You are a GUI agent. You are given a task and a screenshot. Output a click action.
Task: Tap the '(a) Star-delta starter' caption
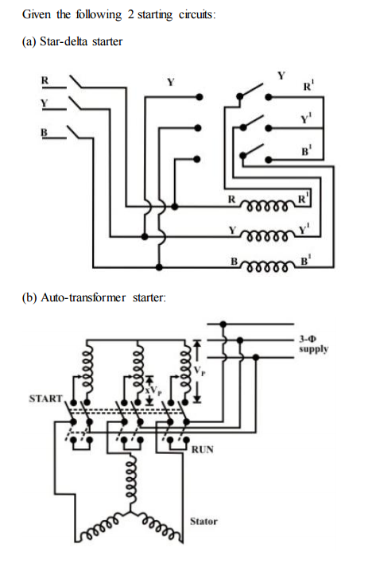(x=72, y=41)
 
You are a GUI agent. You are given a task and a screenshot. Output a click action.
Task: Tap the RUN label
(x=202, y=451)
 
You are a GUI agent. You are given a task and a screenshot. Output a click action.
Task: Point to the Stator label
(x=204, y=522)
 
